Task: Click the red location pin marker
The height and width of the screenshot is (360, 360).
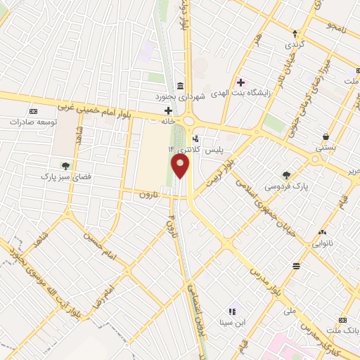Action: tap(181, 166)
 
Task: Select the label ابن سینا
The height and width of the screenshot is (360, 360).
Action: tap(232, 323)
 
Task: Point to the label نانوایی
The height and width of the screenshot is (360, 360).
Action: tap(323, 244)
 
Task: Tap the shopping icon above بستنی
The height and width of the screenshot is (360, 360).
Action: tap(326, 136)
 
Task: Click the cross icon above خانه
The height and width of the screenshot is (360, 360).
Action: tap(168, 110)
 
